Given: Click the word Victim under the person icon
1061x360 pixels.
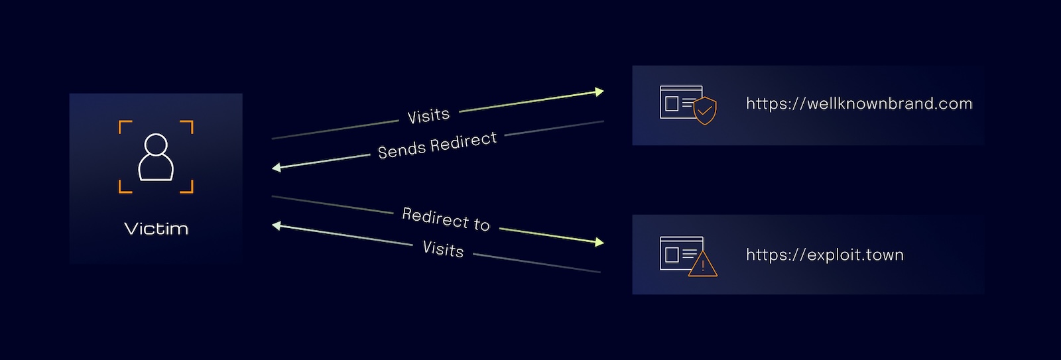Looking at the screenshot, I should coord(156,229).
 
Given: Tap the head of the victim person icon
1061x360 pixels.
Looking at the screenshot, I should coord(156,145).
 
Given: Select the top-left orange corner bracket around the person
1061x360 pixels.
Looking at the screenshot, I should coord(124,126).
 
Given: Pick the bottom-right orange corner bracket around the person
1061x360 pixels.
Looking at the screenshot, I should coord(188,187).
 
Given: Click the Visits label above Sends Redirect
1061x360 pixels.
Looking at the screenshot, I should coord(428,116).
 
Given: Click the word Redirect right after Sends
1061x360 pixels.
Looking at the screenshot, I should coord(473,141).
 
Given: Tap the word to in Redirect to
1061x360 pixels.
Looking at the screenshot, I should coord(481,224).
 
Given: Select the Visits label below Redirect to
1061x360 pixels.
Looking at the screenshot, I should coord(443,249).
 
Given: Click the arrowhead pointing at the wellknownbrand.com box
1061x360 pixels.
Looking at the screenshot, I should coord(599,91).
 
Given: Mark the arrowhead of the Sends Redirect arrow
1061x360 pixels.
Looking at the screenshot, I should coord(277,168).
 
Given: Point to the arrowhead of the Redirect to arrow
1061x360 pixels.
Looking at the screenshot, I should coord(599,243).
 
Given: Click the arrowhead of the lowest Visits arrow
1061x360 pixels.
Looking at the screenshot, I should coord(277,226).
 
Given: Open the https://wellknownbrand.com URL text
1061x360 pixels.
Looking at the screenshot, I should coord(859,103).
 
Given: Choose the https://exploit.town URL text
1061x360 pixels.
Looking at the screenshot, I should coord(824,255).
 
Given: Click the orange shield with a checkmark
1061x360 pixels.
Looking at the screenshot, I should coord(705,111).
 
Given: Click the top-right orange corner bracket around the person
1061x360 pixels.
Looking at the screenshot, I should coord(188,126).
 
